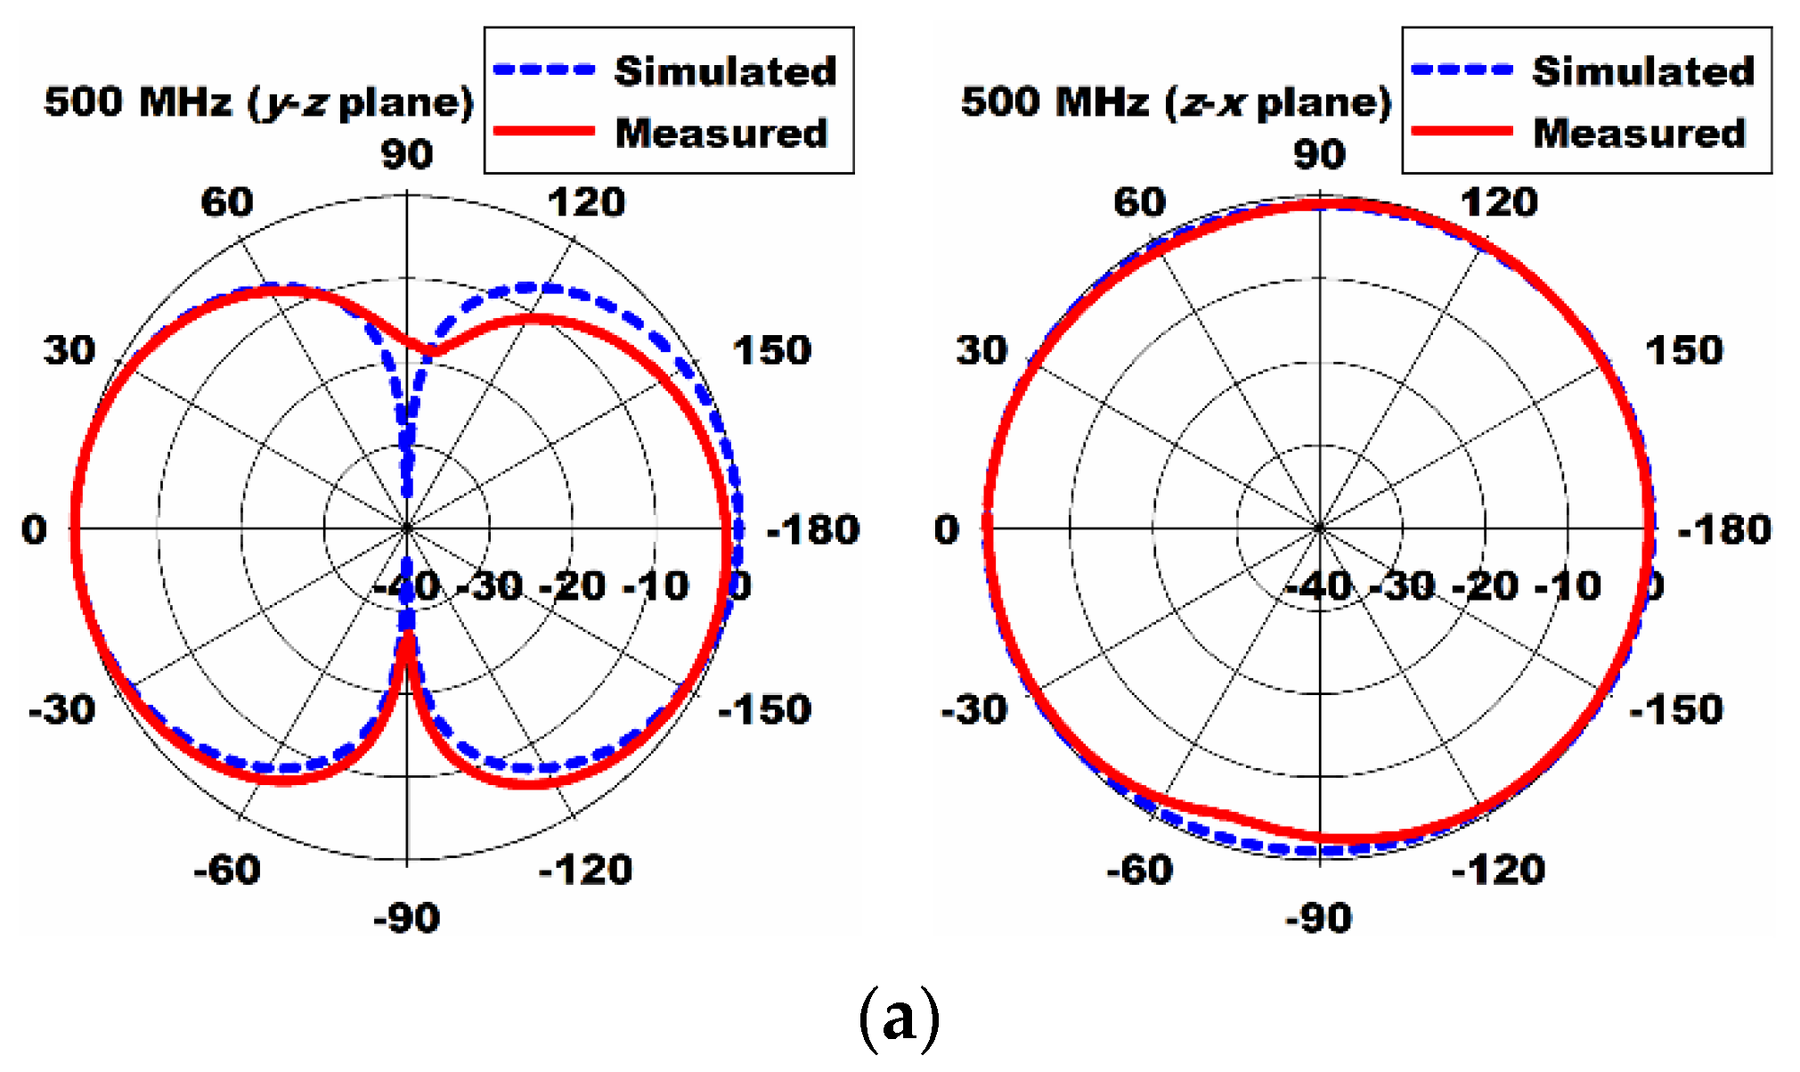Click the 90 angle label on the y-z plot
coord(407,154)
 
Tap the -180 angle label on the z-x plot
coord(1723,530)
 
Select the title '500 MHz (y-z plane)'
coord(258,102)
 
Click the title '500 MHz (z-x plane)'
coord(1176,102)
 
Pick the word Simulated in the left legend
coord(725,70)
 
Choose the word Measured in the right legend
coord(1639,133)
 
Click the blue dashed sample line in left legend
coord(543,70)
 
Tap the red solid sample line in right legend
coord(1462,132)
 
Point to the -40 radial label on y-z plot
coord(407,586)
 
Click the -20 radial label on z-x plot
coord(1484,586)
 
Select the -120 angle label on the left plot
coord(585,869)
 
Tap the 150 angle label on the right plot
coord(1682,350)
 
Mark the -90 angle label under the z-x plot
coord(1318,918)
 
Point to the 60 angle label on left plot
coord(226,202)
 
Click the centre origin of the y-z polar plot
coord(407,528)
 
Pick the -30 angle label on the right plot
coord(973,710)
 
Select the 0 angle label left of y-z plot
coord(34,530)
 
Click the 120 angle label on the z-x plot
coord(1498,202)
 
